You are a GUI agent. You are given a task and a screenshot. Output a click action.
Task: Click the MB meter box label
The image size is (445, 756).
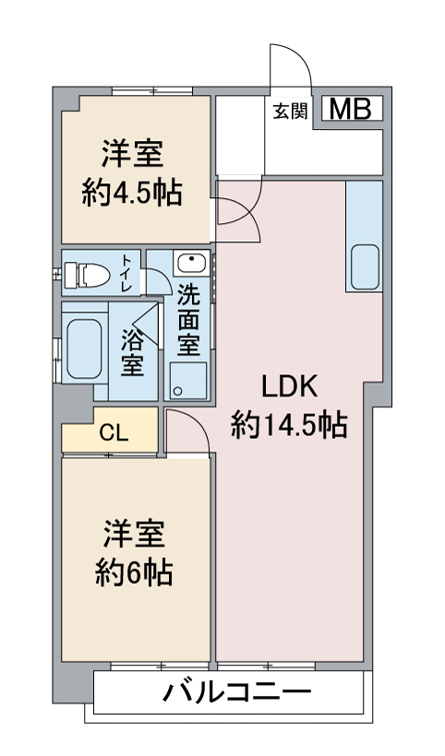point(351,109)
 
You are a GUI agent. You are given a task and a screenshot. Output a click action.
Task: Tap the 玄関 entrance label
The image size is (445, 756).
point(290,112)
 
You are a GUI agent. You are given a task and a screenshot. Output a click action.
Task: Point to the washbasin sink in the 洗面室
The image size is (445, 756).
point(192,264)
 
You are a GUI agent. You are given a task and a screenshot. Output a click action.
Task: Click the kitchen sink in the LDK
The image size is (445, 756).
point(365,266)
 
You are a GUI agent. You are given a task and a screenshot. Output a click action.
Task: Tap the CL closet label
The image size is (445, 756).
point(114,433)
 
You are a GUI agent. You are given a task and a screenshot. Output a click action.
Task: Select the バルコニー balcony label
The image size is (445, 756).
point(237,693)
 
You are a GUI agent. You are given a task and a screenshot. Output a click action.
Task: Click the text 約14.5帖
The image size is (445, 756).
point(289,425)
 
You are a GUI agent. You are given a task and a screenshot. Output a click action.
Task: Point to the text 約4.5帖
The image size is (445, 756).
point(132,194)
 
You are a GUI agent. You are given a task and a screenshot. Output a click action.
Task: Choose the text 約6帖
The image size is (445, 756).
point(134,573)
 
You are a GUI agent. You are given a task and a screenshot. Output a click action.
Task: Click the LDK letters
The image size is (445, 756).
point(289,386)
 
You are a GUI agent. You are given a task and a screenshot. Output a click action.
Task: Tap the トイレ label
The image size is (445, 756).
point(126,273)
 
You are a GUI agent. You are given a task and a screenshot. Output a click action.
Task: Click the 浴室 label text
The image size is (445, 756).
point(132,352)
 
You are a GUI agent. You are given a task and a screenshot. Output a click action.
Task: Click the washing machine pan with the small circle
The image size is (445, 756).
point(188,381)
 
